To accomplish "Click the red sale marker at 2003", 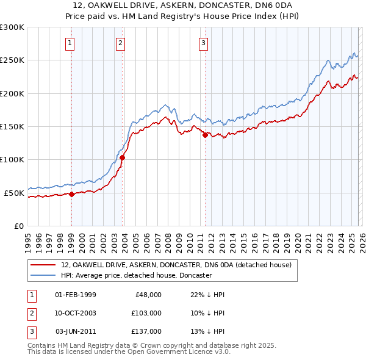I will [x=123, y=157].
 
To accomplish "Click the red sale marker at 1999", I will [x=71, y=194].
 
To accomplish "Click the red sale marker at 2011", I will [x=205, y=135].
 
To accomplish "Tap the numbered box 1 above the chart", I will [x=71, y=43].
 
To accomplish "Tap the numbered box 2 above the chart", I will [x=121, y=43].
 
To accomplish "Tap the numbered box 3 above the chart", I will [x=203, y=43].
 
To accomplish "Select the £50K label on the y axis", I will [x=14, y=193].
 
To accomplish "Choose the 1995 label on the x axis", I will [x=28, y=237].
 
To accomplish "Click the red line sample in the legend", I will [x=43, y=265].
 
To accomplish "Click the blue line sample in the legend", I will [x=43, y=275].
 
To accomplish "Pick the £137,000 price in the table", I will [x=146, y=331].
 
